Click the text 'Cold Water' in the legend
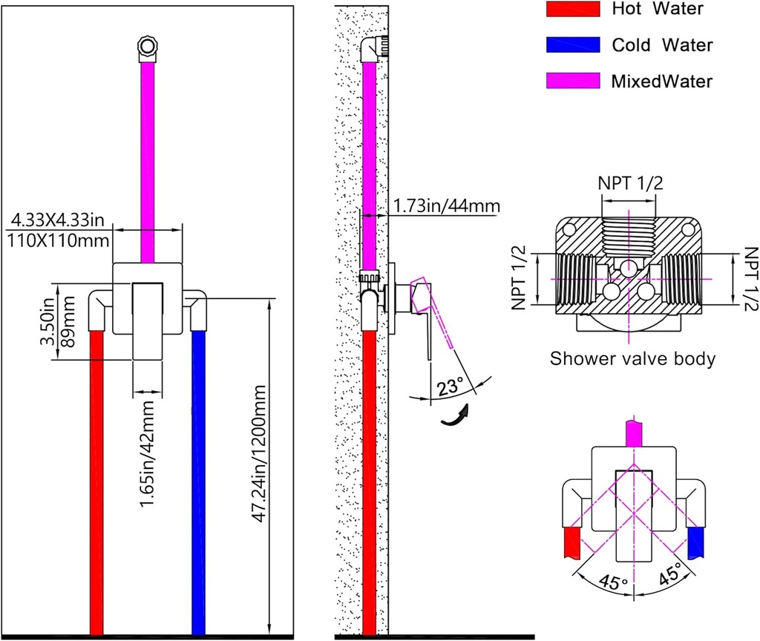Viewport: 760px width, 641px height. (x=662, y=45)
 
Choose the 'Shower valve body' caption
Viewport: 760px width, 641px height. (x=632, y=359)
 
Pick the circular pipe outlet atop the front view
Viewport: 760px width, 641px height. (x=147, y=49)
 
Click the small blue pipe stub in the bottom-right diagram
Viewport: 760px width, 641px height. (x=695, y=543)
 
